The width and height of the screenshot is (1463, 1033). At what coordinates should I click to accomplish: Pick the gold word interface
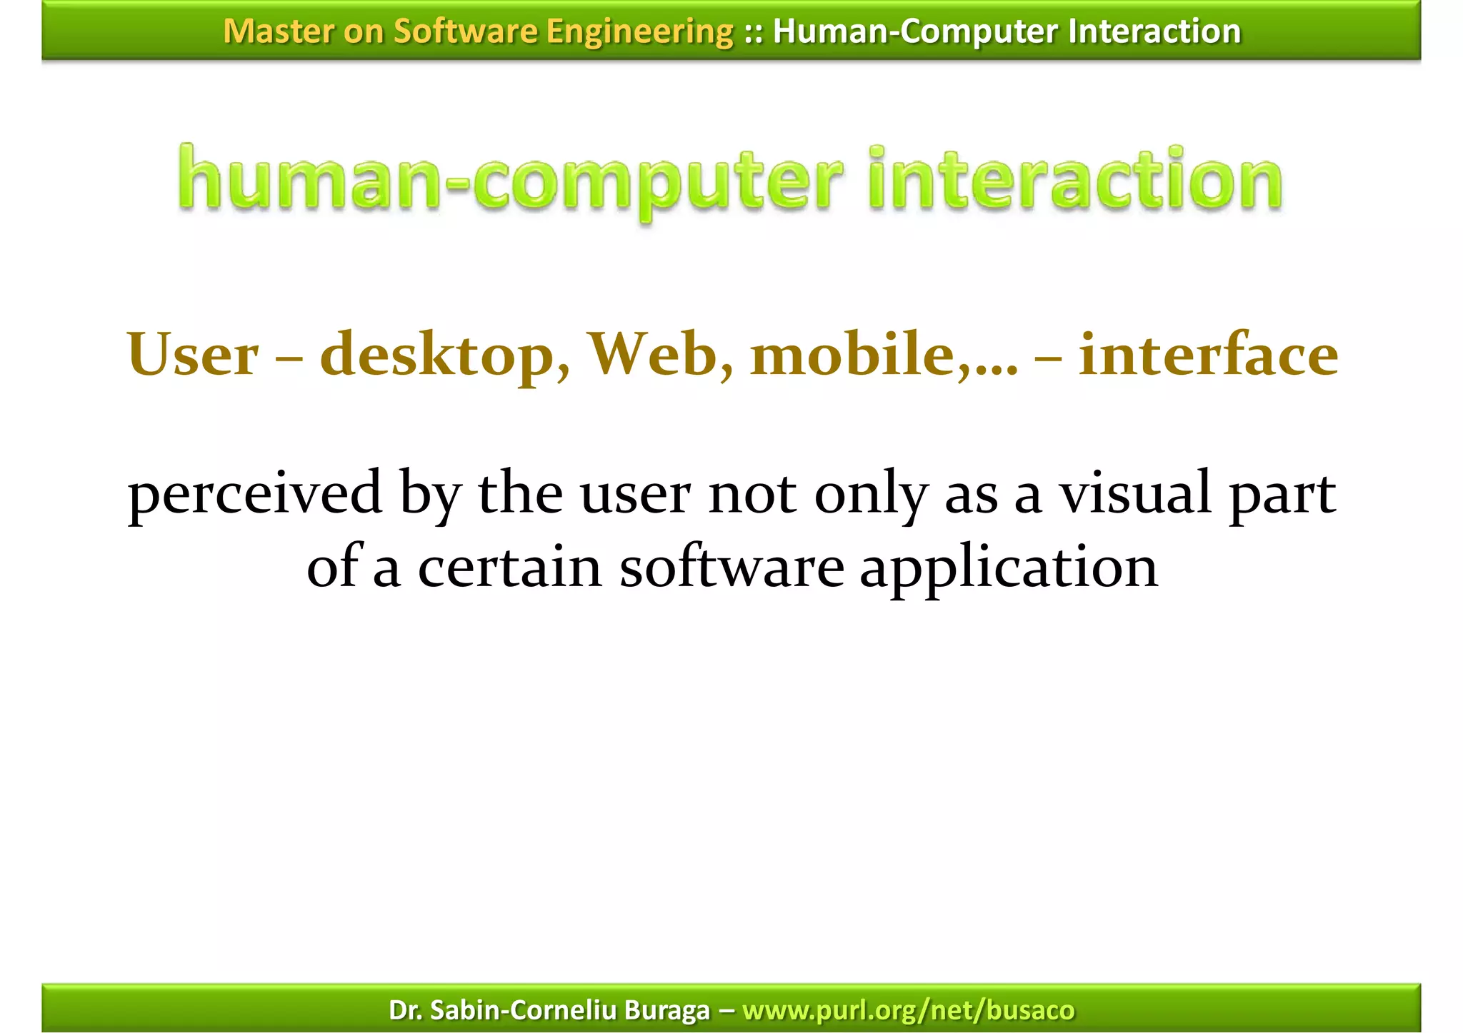[1208, 355]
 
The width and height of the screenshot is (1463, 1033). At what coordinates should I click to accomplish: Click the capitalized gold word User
[193, 355]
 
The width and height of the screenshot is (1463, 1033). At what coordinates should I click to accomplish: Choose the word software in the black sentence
[731, 568]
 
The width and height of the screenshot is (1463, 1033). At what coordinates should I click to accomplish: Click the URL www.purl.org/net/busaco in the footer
[908, 1010]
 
